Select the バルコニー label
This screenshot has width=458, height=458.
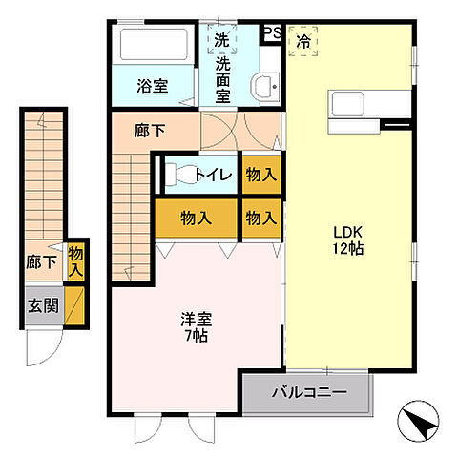[307, 390]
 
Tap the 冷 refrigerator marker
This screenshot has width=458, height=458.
[303, 41]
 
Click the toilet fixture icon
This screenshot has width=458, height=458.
[178, 175]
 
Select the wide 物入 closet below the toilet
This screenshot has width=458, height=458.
[197, 219]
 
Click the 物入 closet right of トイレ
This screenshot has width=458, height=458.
[260, 175]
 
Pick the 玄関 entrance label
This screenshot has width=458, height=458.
[41, 306]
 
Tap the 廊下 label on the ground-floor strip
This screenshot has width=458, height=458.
[40, 261]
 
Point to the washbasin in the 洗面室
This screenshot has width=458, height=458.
[265, 87]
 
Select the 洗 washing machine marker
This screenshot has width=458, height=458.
[221, 41]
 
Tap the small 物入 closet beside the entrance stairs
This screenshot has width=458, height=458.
[75, 261]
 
